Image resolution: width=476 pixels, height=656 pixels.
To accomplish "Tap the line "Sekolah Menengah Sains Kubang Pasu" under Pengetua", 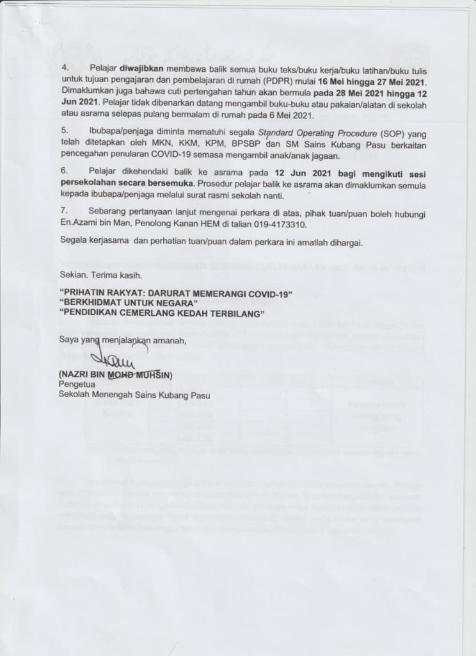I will pos(134,395).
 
